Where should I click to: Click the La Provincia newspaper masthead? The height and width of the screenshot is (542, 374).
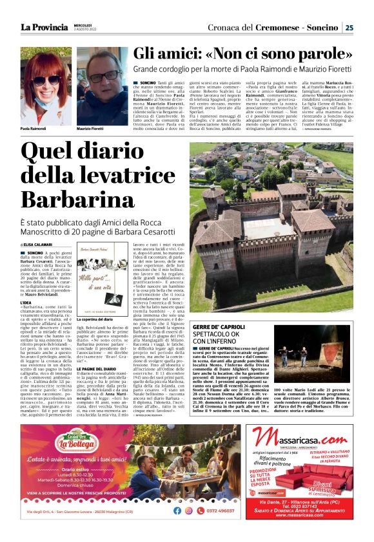pyautogui.click(x=44, y=27)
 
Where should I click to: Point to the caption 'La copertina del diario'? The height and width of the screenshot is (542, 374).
pyautogui.click(x=101, y=319)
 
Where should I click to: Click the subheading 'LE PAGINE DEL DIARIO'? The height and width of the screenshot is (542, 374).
pyautogui.click(x=97, y=368)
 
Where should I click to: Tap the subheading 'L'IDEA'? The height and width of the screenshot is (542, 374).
pyautogui.click(x=26, y=301)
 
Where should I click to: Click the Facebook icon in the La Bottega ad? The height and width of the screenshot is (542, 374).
pyautogui.click(x=177, y=510)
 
